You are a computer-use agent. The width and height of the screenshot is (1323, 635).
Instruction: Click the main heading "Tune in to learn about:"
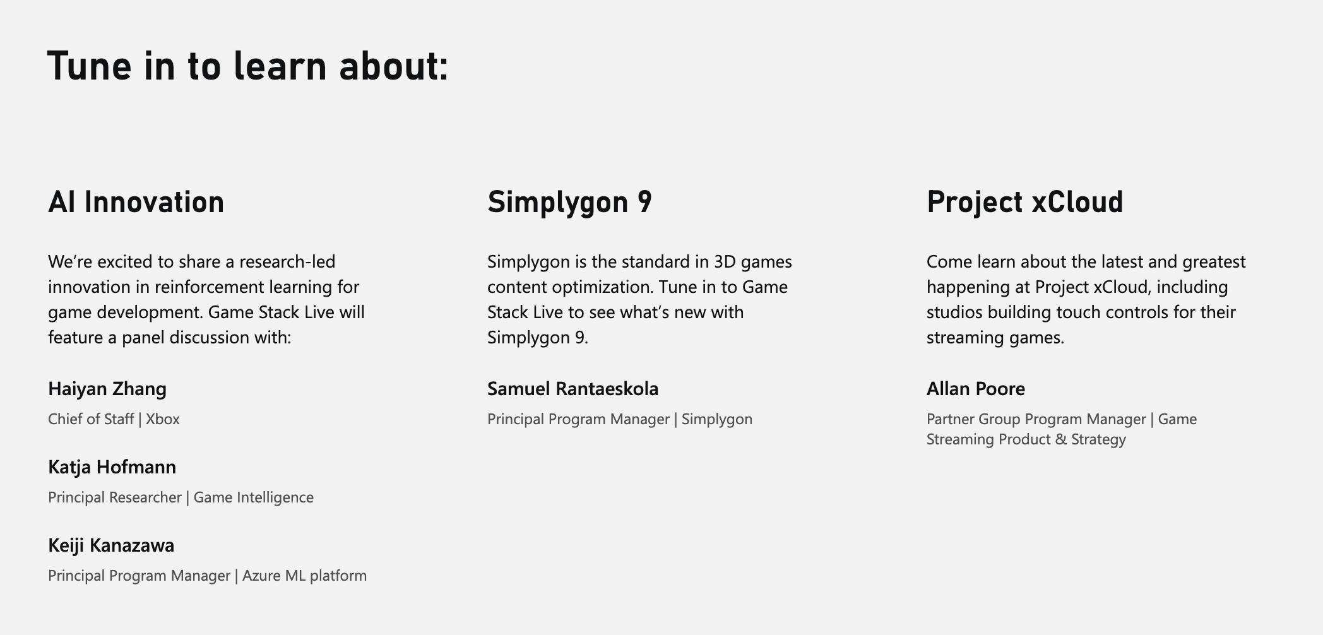tap(248, 66)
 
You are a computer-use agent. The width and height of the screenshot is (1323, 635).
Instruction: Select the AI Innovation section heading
tap(136, 202)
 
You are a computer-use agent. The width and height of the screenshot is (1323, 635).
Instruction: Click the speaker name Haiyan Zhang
tap(107, 389)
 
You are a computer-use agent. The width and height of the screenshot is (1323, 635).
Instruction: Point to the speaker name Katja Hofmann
tap(112, 468)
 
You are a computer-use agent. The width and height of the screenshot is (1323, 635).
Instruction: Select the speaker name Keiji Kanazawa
tap(111, 545)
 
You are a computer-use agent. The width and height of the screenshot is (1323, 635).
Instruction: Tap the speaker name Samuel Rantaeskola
tap(573, 389)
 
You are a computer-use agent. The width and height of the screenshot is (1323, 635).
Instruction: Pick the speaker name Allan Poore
tap(976, 389)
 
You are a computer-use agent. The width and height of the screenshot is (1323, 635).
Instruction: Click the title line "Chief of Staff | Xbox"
tap(114, 419)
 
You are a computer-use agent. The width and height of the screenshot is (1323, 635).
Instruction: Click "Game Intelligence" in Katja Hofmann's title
tap(254, 497)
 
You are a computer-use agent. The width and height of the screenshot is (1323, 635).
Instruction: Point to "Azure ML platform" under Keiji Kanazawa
tap(304, 576)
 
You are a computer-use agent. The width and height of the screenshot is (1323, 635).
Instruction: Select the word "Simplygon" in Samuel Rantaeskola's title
tap(717, 420)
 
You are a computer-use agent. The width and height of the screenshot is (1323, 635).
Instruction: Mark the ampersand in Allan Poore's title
tap(1060, 439)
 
